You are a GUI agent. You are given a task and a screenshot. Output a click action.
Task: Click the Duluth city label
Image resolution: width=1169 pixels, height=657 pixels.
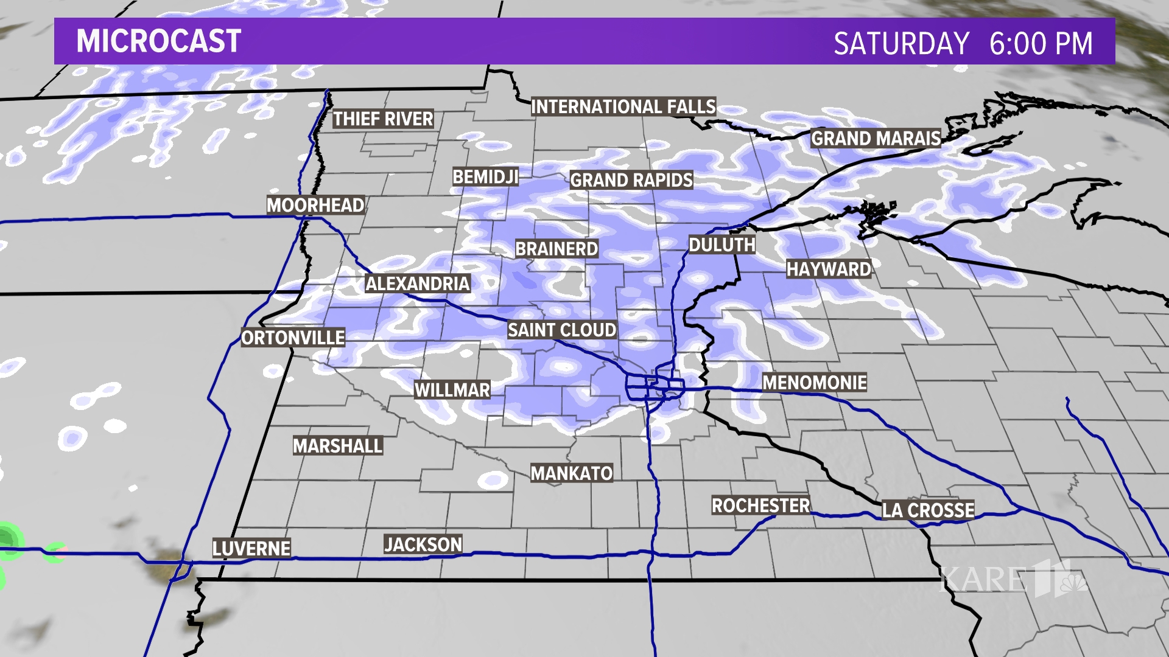(x=721, y=245)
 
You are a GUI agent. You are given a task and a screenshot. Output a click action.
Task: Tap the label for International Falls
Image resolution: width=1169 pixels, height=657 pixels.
(x=623, y=107)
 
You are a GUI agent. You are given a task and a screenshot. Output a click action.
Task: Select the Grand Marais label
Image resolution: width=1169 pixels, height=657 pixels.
(x=876, y=139)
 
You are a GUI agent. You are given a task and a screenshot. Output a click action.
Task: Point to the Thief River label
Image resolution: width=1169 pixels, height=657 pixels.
(x=383, y=119)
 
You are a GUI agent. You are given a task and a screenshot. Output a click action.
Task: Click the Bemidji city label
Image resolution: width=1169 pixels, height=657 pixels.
(x=485, y=177)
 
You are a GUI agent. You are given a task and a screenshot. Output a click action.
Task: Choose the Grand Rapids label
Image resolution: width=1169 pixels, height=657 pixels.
(x=631, y=181)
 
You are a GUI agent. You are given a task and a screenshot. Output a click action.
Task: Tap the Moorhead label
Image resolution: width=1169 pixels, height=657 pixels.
(x=315, y=206)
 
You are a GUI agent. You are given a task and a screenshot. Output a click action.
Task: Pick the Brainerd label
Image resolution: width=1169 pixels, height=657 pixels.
(x=556, y=249)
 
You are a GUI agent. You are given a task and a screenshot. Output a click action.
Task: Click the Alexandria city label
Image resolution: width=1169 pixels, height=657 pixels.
(x=418, y=283)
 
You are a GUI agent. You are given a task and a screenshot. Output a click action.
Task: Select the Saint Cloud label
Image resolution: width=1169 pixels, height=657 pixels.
(x=562, y=330)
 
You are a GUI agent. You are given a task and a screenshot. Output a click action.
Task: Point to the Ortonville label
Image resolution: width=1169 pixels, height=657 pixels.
(x=293, y=338)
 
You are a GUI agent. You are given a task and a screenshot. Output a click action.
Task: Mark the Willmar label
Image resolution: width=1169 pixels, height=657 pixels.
(x=452, y=390)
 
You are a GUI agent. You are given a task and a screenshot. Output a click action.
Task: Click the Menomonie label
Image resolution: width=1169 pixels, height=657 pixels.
(x=815, y=383)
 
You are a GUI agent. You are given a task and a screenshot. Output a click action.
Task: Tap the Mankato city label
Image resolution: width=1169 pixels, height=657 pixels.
(x=571, y=473)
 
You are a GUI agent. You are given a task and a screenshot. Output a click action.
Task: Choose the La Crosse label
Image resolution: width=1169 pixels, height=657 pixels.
(x=928, y=510)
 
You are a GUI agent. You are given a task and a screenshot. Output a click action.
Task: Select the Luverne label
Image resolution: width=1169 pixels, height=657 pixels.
(x=251, y=549)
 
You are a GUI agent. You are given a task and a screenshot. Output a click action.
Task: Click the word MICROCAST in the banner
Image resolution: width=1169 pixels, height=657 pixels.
(x=159, y=41)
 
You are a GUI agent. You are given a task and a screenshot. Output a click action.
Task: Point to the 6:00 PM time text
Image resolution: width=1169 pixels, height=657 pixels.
(x=1041, y=44)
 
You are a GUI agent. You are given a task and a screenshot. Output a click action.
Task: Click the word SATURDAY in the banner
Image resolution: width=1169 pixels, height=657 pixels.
(x=901, y=44)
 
